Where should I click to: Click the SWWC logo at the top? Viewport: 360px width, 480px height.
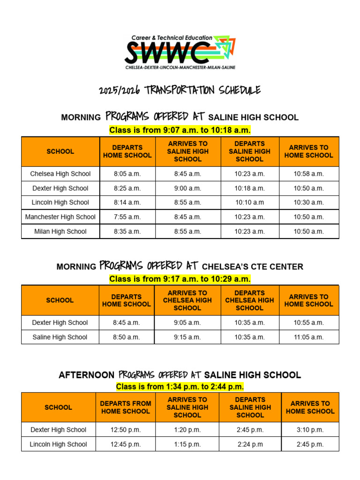coord(180,52)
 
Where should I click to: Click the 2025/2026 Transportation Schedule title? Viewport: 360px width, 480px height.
coord(180,90)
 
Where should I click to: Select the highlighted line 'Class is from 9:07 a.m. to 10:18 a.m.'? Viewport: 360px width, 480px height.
coord(180,130)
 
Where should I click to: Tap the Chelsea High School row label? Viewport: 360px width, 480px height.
coord(60,173)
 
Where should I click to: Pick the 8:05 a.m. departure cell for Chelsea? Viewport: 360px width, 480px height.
coord(127,173)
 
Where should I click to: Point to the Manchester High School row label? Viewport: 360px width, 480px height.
coord(60,217)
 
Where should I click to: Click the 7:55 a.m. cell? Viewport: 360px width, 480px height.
coord(127,217)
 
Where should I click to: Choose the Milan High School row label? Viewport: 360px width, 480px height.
coord(60,231)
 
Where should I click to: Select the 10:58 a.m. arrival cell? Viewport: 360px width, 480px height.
coord(309,173)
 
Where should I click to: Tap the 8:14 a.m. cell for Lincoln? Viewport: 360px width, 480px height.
coord(127,202)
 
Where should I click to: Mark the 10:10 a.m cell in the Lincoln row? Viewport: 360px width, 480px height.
coord(250,202)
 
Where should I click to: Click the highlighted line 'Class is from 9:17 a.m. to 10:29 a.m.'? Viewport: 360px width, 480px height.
coord(180,279)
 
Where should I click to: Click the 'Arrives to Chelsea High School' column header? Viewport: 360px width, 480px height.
coord(187,300)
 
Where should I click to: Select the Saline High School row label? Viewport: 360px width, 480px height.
coord(60,337)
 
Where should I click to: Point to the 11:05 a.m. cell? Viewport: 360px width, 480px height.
coord(309,337)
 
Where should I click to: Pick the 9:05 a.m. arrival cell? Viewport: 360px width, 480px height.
coord(187,322)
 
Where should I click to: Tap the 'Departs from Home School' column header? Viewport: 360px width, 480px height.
coord(126,407)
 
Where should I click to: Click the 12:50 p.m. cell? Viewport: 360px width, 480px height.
coord(126,430)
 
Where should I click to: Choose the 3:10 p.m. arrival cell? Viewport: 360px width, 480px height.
coord(310,430)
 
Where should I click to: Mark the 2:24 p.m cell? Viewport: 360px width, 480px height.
coord(250,444)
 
